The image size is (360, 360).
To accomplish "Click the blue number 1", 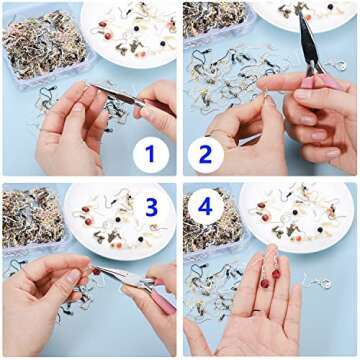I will point(149,154).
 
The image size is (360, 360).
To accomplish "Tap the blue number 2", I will point(206,154).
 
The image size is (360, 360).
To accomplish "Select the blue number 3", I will point(151,207).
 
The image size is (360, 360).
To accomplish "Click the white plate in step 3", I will point(120,230).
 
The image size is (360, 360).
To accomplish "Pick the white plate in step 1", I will point(130,25).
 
